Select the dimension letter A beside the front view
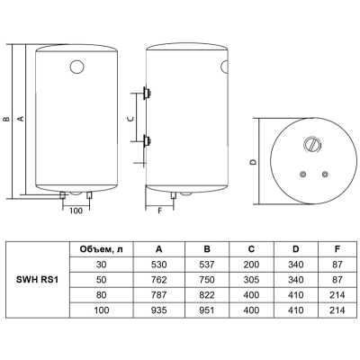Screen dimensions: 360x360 click(x=21, y=119)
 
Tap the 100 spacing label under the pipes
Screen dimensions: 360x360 click(x=76, y=211)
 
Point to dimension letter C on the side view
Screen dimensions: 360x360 click(x=130, y=119)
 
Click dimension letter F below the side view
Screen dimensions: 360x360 click(x=160, y=211)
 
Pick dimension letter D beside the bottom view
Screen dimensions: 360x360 click(x=254, y=162)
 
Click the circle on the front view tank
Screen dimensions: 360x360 click(x=77, y=67)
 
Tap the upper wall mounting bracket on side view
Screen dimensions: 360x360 click(x=147, y=93)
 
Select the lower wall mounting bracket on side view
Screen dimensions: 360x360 click(x=147, y=140)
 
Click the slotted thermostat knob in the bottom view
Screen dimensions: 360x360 click(x=313, y=146)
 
